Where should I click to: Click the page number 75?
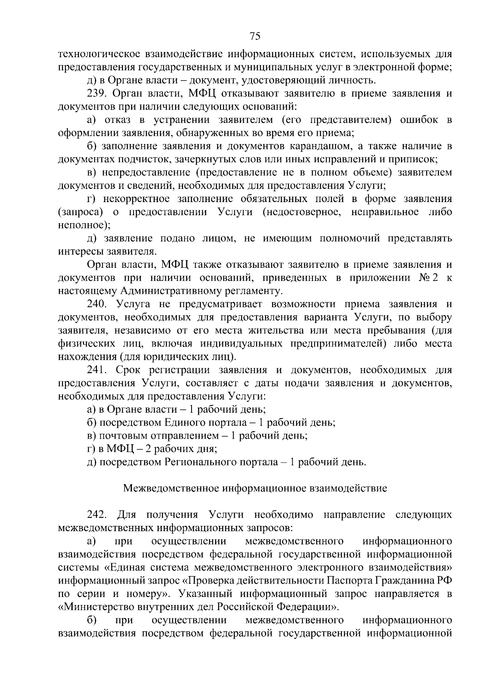254,37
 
